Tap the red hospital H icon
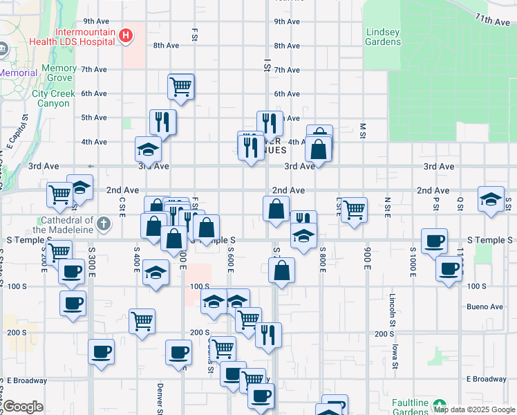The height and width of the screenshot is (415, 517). coord(126,35)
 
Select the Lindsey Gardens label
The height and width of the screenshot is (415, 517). coord(383,37)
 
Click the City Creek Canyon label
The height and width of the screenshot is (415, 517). coord(50,98)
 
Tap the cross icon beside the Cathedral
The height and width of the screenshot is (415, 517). coord(103,223)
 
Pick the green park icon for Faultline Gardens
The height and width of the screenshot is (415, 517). coord(440,404)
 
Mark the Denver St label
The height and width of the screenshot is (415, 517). coord(160,398)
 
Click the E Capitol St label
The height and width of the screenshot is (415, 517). coord(13,135)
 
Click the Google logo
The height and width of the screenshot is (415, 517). coord(23,407)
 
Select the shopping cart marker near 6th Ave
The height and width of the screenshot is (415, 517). coord(180,87)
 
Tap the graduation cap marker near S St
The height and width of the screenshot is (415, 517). coord(491,200)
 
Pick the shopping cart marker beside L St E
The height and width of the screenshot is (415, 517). coord(354,208)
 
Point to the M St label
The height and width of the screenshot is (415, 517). coord(362,131)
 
